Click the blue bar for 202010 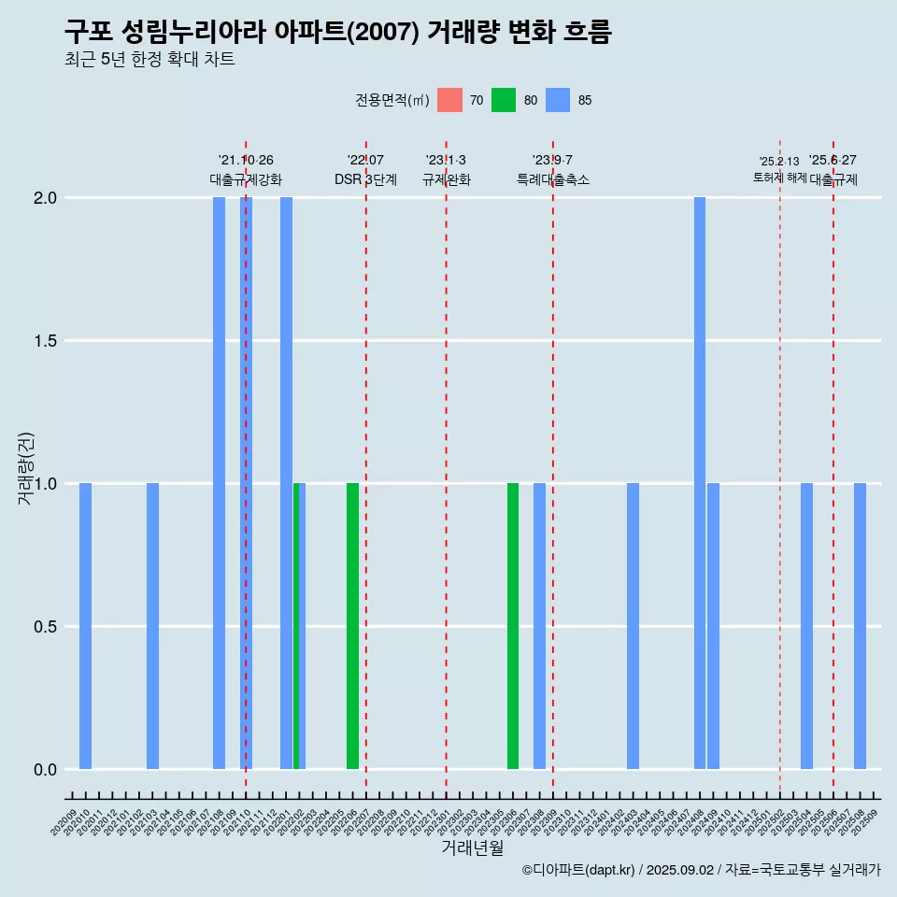[85, 626]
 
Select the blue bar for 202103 [152, 626]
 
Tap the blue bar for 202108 [219, 483]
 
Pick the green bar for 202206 [352, 626]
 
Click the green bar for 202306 [513, 626]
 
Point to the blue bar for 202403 [633, 626]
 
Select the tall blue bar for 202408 [700, 483]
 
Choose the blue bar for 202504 [806, 626]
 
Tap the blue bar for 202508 [860, 626]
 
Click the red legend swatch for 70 [449, 100]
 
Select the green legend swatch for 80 [504, 100]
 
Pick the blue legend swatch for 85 [558, 100]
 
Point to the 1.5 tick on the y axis [44, 341]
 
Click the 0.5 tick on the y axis [44, 627]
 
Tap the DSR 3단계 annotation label [365, 179]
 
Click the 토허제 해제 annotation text [779, 178]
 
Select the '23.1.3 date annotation [446, 161]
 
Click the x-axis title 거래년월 [472, 848]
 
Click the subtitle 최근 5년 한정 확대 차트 [149, 60]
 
